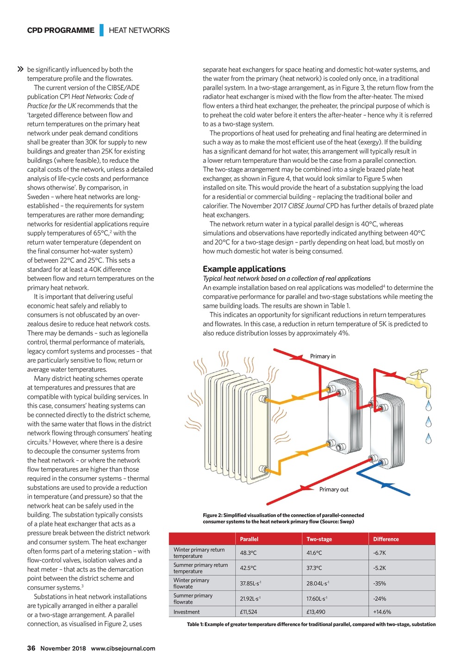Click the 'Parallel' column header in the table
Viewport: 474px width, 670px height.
point(249,539)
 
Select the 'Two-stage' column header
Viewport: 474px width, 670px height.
point(319,539)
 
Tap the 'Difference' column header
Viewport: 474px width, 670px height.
point(386,539)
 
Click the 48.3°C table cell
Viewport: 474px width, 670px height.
point(248,553)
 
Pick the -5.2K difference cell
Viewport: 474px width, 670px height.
point(379,568)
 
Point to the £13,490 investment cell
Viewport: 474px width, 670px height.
point(316,612)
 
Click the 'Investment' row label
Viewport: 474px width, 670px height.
point(187,612)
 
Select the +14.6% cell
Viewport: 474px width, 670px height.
point(382,612)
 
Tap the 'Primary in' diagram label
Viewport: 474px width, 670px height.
point(323,356)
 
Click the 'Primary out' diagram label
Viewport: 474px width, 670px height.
point(334,490)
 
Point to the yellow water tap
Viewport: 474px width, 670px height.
point(419,382)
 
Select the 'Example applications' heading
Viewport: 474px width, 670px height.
point(244,269)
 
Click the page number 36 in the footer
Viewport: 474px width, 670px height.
point(31,648)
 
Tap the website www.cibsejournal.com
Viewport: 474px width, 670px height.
point(123,648)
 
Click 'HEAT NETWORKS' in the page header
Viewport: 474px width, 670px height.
point(139,31)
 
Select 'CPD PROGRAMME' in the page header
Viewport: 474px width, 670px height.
point(61,31)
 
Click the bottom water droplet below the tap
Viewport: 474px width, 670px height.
point(429,438)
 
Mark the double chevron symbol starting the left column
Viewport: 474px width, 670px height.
point(20,69)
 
